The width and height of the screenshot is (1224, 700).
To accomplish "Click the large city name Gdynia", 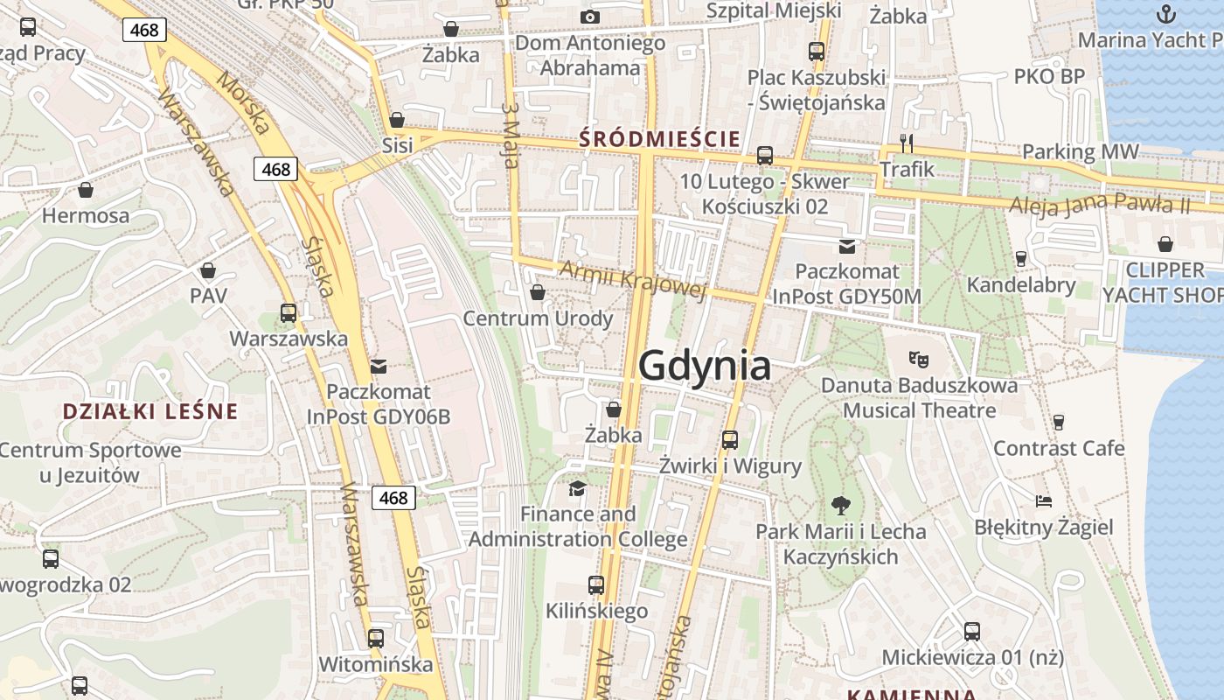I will click(705, 366).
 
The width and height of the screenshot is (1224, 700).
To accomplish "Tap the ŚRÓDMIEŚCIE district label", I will click(659, 138).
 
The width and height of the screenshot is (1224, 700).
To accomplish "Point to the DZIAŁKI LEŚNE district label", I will click(150, 411).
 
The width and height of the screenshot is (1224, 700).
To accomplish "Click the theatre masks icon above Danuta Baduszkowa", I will click(918, 358).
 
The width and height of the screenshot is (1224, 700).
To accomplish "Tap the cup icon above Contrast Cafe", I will click(1059, 422).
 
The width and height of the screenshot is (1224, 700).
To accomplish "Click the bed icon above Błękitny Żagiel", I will click(1043, 501).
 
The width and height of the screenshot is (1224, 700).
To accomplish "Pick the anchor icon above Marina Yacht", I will click(1165, 13).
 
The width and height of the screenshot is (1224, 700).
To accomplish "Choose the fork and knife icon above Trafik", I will click(907, 143).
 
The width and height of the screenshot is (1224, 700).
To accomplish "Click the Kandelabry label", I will click(1021, 284).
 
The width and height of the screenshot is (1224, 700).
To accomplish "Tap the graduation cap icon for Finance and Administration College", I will click(577, 487).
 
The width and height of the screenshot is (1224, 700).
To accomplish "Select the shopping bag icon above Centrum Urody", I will click(538, 291).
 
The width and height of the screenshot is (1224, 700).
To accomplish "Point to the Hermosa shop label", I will click(86, 215).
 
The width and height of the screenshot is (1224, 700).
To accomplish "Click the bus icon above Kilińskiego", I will click(596, 584).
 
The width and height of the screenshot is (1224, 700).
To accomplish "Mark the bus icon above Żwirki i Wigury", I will click(730, 439).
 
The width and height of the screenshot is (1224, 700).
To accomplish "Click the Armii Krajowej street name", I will click(632, 279).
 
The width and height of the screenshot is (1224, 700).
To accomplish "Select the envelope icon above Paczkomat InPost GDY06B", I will click(379, 366).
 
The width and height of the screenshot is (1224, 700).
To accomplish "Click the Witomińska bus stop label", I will click(375, 664).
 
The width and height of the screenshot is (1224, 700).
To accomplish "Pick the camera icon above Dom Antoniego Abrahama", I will click(590, 17).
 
